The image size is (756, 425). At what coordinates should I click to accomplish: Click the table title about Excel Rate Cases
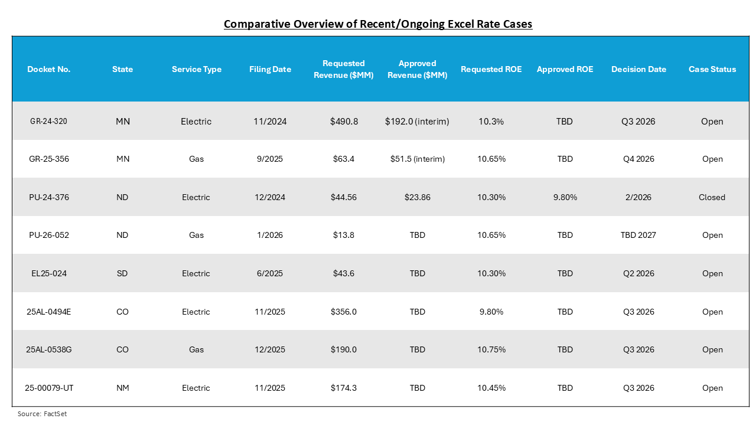coord(378,24)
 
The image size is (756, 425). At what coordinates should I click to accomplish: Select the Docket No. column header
coord(49,69)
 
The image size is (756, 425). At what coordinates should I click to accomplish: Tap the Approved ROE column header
coord(565,69)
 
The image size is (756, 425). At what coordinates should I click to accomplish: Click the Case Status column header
coord(712,69)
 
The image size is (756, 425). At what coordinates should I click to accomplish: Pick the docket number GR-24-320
coord(50,121)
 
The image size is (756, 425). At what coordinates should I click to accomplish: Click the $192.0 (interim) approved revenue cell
coord(417,121)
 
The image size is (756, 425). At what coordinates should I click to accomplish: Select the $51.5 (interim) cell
coord(417,159)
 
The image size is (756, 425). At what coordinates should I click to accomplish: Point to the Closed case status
coord(712,197)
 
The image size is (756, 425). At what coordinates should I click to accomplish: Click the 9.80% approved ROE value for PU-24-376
coord(565,197)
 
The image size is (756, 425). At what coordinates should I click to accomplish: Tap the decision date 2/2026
coord(638,197)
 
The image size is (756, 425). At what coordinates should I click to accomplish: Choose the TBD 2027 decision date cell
coord(638,235)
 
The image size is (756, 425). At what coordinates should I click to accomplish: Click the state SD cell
coord(122,273)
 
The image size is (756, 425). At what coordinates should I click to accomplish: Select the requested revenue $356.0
coord(343,312)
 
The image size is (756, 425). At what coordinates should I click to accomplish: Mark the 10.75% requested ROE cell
coord(491,349)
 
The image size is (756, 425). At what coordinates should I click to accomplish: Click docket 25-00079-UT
coord(50,388)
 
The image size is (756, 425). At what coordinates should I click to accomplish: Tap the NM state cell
coord(122,388)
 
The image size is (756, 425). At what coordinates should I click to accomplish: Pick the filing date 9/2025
coord(270,159)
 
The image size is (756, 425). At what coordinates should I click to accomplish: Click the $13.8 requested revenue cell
coord(343,235)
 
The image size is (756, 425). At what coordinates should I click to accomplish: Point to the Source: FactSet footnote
coord(42,414)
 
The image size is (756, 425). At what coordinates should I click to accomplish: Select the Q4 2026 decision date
coord(638,159)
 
